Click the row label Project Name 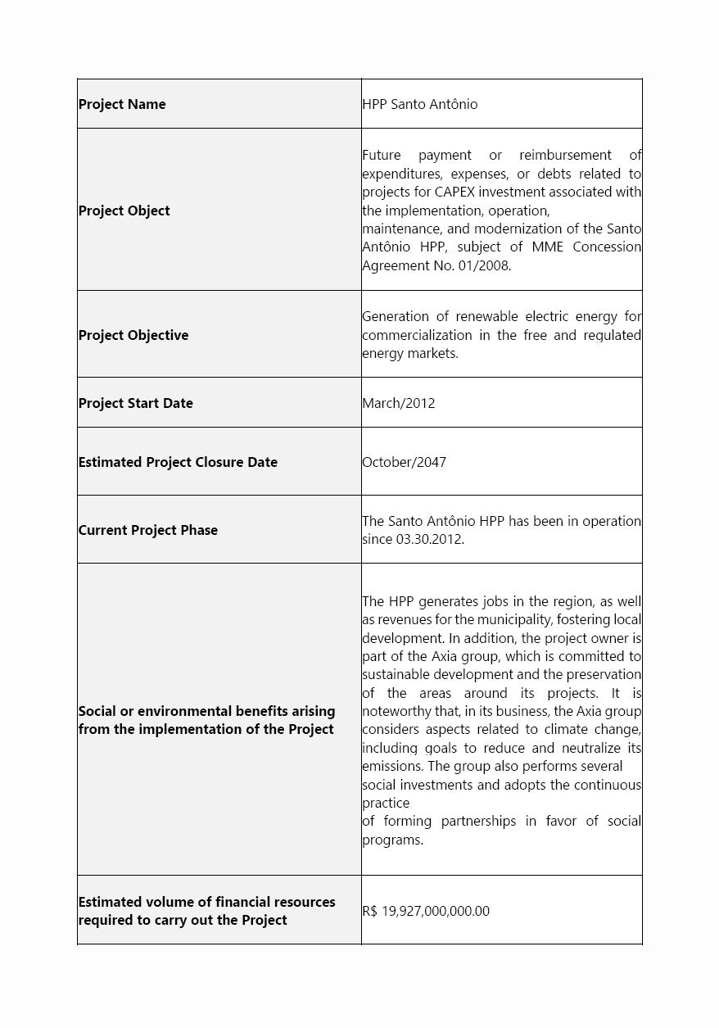(x=122, y=104)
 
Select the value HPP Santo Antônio (x=419, y=104)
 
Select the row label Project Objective (x=133, y=335)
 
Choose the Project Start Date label (x=136, y=403)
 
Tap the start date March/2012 (x=399, y=403)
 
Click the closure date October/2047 (x=405, y=462)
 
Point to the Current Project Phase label (x=148, y=530)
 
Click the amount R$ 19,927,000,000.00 (x=426, y=911)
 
